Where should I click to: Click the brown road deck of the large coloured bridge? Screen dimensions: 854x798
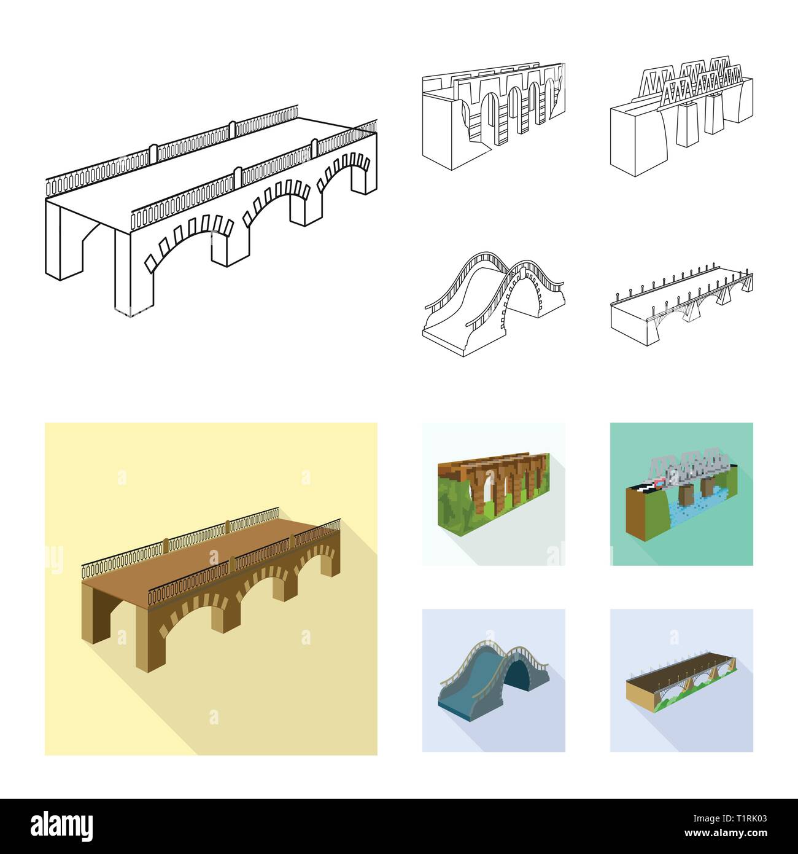209,553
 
